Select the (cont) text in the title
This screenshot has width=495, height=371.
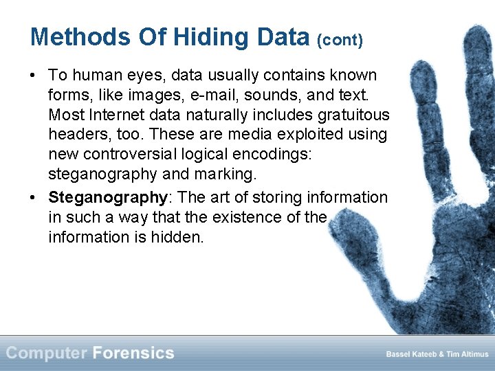(x=340, y=40)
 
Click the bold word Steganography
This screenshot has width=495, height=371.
(x=108, y=198)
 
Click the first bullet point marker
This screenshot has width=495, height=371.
(x=34, y=75)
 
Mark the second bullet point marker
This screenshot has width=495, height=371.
(x=34, y=198)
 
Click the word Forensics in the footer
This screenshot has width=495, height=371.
(x=133, y=353)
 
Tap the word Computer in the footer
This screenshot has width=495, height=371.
(x=46, y=353)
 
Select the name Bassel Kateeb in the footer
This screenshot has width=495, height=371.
(x=410, y=355)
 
